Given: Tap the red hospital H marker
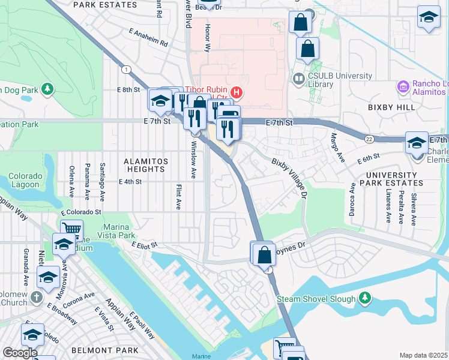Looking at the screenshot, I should click(237, 92).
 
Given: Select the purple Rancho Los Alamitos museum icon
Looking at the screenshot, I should click(403, 87).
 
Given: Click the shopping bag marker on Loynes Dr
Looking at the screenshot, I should click(264, 255).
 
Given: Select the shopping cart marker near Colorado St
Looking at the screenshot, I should click(71, 229).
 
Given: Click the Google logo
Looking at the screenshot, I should click(20, 352).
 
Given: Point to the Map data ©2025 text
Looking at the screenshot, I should click(423, 355).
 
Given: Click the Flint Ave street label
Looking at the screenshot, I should click(178, 197).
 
